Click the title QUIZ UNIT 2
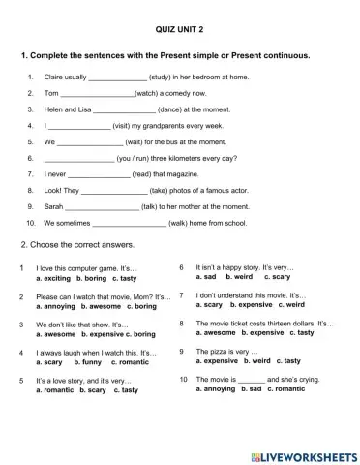click(179, 31)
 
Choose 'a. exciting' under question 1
click(54, 278)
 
